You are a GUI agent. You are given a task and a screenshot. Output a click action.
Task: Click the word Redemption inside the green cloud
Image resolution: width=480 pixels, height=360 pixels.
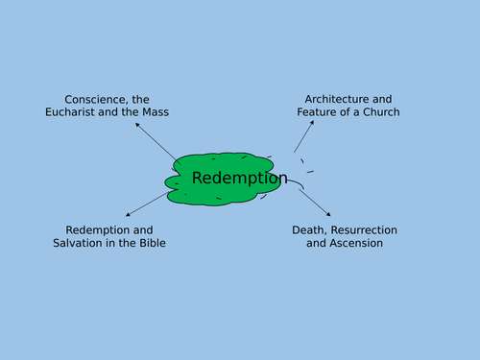pyautogui.click(x=239, y=178)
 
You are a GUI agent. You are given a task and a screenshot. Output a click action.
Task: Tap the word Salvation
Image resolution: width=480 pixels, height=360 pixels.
pyautogui.click(x=80, y=244)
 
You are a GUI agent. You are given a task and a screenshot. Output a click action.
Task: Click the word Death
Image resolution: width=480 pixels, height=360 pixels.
pyautogui.click(x=310, y=230)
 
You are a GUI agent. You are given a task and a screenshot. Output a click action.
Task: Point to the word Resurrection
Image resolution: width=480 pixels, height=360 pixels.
pyautogui.click(x=365, y=230)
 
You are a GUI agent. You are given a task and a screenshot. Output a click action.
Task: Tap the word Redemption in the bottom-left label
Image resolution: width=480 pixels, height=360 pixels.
pyautogui.click(x=97, y=230)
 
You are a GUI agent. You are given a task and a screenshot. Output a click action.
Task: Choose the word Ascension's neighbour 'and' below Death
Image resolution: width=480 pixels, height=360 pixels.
pyautogui.click(x=316, y=244)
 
